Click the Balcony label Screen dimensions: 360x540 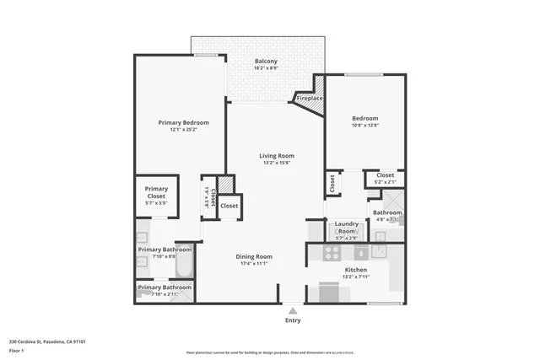coord(267,62)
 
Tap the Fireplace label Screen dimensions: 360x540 coord(308,99)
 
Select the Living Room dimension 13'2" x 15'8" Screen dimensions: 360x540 coord(276,164)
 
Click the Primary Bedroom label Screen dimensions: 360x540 coord(183,122)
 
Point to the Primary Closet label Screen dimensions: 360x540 coord(156,192)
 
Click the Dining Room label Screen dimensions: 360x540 coord(253,256)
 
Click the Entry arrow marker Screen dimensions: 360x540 coord(293,310)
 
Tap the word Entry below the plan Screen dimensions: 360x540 coord(293,320)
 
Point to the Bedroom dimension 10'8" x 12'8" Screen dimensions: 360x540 coord(364,126)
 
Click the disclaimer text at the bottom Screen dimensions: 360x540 coord(270,353)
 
